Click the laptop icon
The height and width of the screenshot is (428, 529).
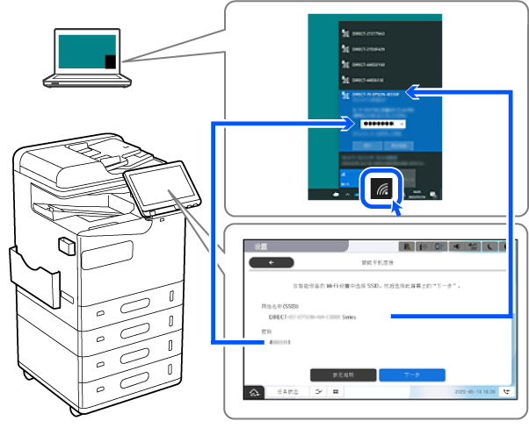(87, 58)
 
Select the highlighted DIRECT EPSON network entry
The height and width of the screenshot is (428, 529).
(373, 93)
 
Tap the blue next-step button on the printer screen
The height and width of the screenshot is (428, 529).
(412, 374)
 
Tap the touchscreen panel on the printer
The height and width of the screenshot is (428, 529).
(154, 191)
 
